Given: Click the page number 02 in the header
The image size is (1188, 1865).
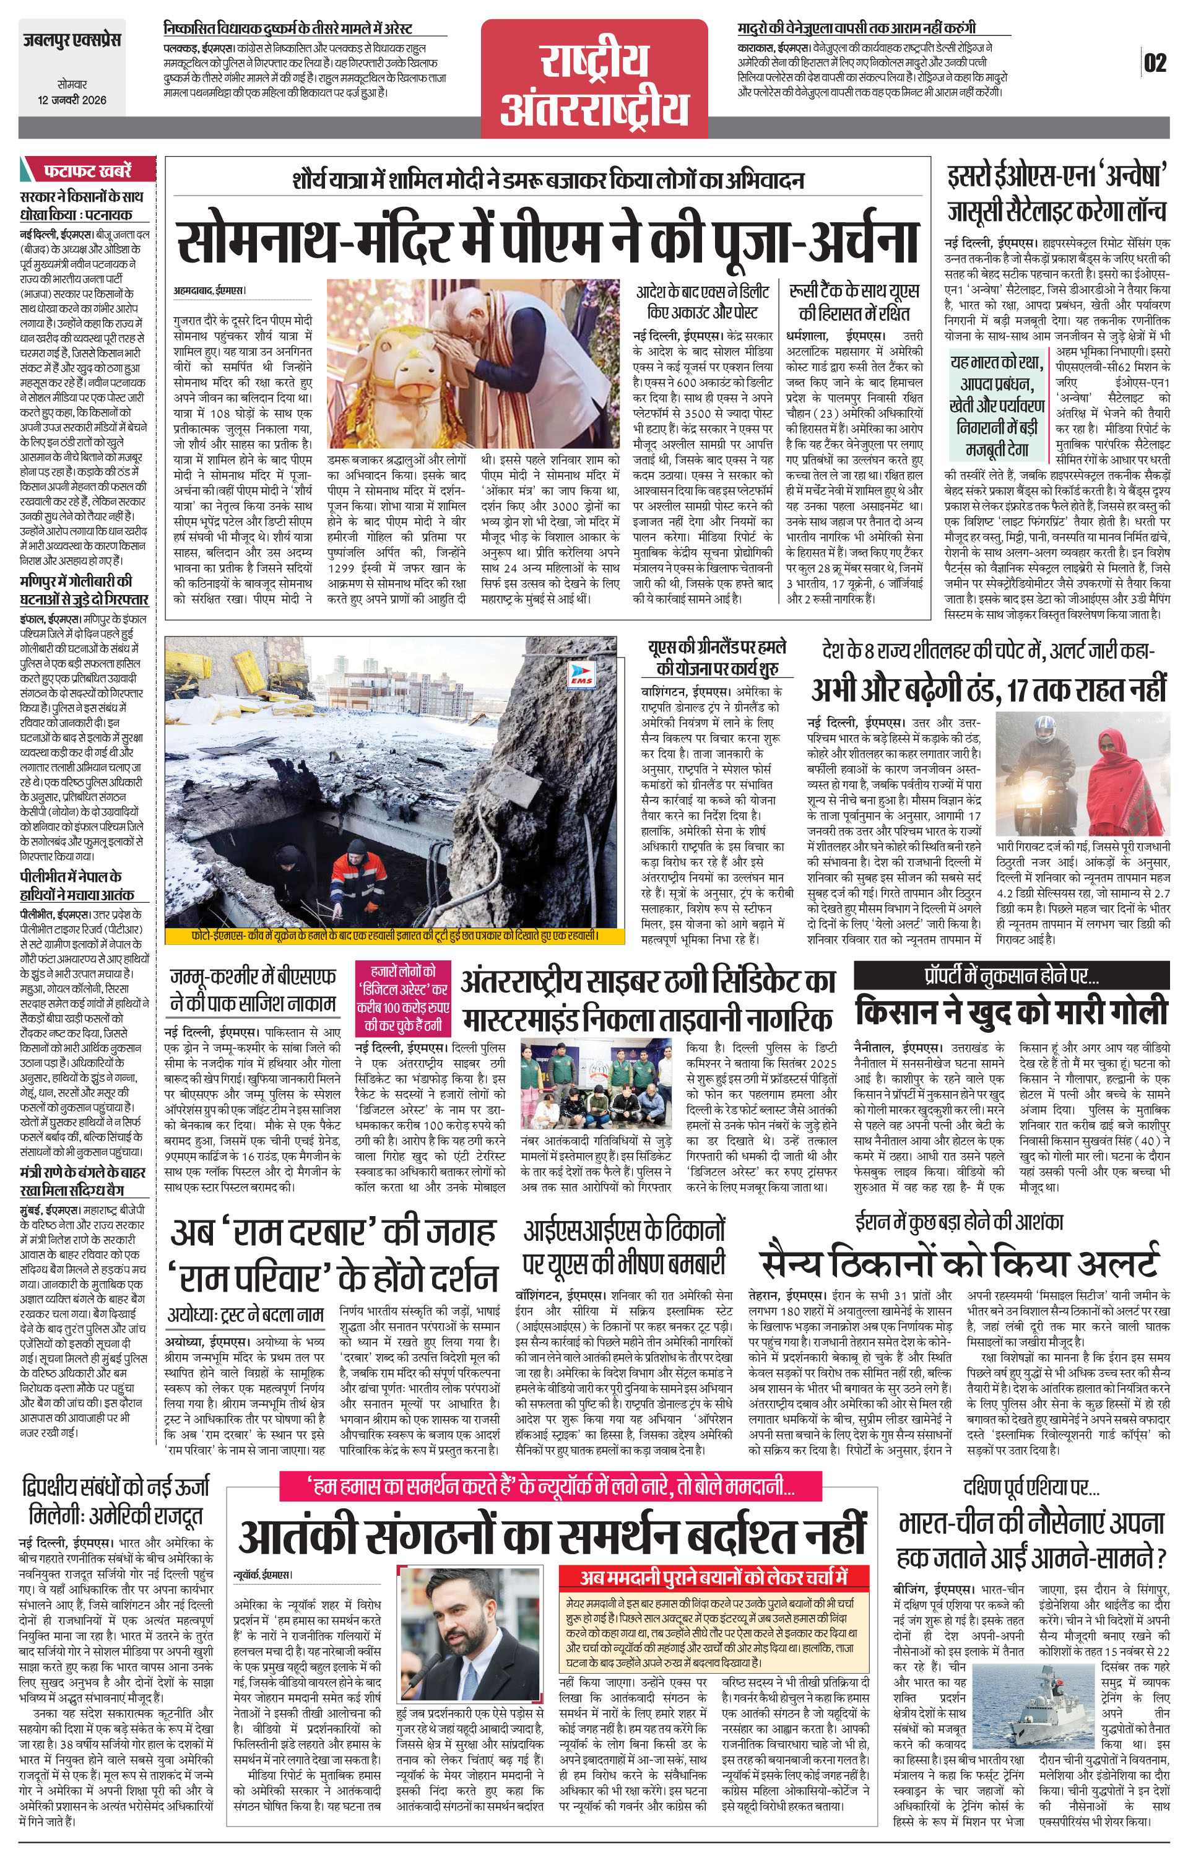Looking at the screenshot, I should pos(1155,63).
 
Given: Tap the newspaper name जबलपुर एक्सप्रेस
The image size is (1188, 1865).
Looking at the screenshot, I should pos(71,40).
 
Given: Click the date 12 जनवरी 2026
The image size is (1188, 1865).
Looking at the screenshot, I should pos(72,100).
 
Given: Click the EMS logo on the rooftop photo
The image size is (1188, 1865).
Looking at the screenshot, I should pos(578,674).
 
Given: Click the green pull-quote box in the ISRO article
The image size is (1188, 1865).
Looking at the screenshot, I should pos(997,405).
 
